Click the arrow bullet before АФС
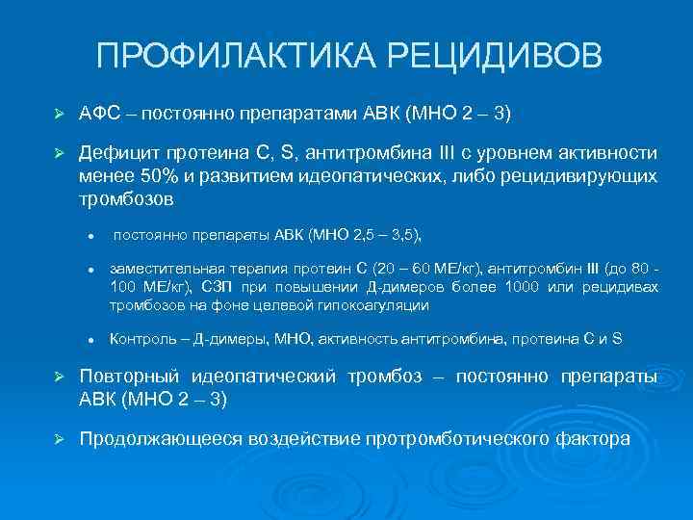click(60, 115)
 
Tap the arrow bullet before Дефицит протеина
click(60, 154)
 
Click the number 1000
click(515, 287)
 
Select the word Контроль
click(141, 340)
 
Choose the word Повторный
click(127, 377)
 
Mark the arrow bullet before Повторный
click(60, 377)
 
